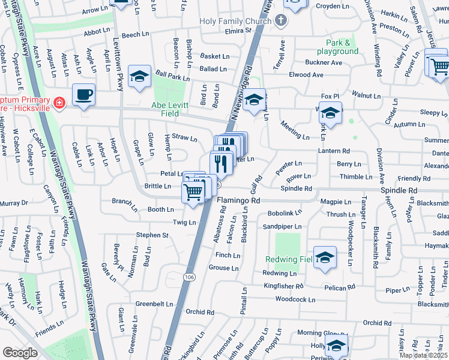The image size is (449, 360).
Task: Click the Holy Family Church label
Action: click(236, 21)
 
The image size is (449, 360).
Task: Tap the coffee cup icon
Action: click(84, 94)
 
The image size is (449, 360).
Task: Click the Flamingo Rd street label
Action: click(238, 200)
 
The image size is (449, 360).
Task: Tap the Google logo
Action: click(20, 353)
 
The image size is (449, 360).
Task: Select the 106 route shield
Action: click(190, 277)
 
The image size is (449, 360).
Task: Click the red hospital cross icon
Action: click(59, 103)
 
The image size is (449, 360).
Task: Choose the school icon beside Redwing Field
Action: click(325, 256)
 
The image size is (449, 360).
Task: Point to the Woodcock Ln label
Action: click(295, 299)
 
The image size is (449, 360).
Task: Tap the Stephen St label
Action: click(152, 235)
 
